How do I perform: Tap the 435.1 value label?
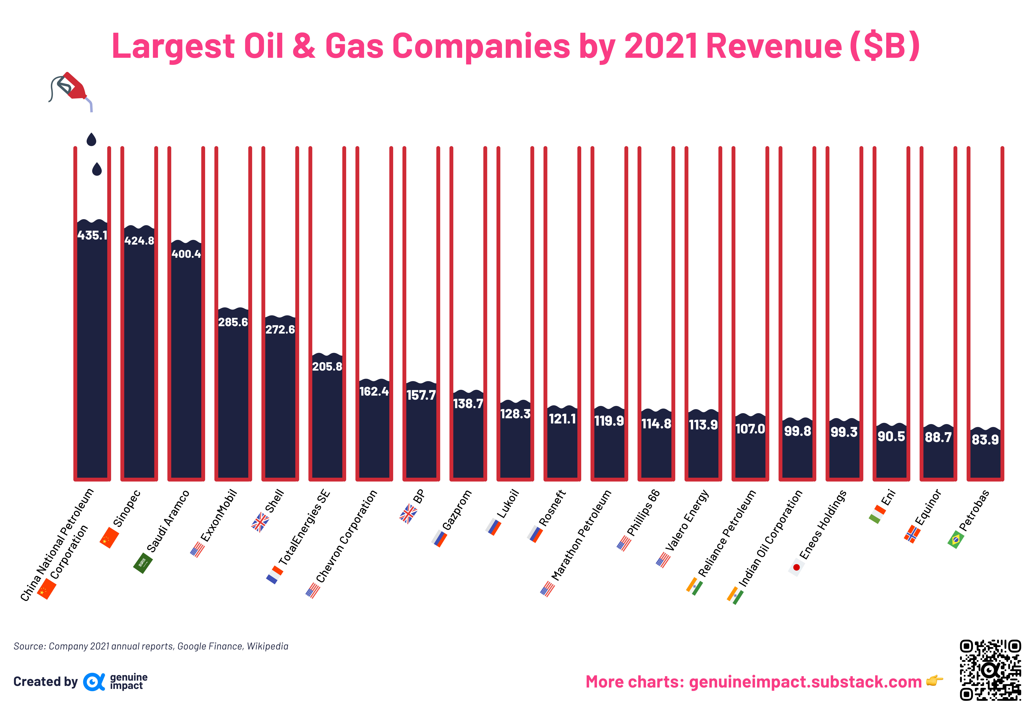pyautogui.click(x=92, y=235)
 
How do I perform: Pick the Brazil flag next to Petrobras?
pyautogui.click(x=955, y=539)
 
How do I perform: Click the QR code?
pyautogui.click(x=990, y=670)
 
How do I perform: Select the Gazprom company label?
pyautogui.click(x=457, y=510)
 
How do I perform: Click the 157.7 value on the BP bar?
pyautogui.click(x=421, y=395)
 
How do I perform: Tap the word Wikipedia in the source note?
pyautogui.click(x=267, y=646)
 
